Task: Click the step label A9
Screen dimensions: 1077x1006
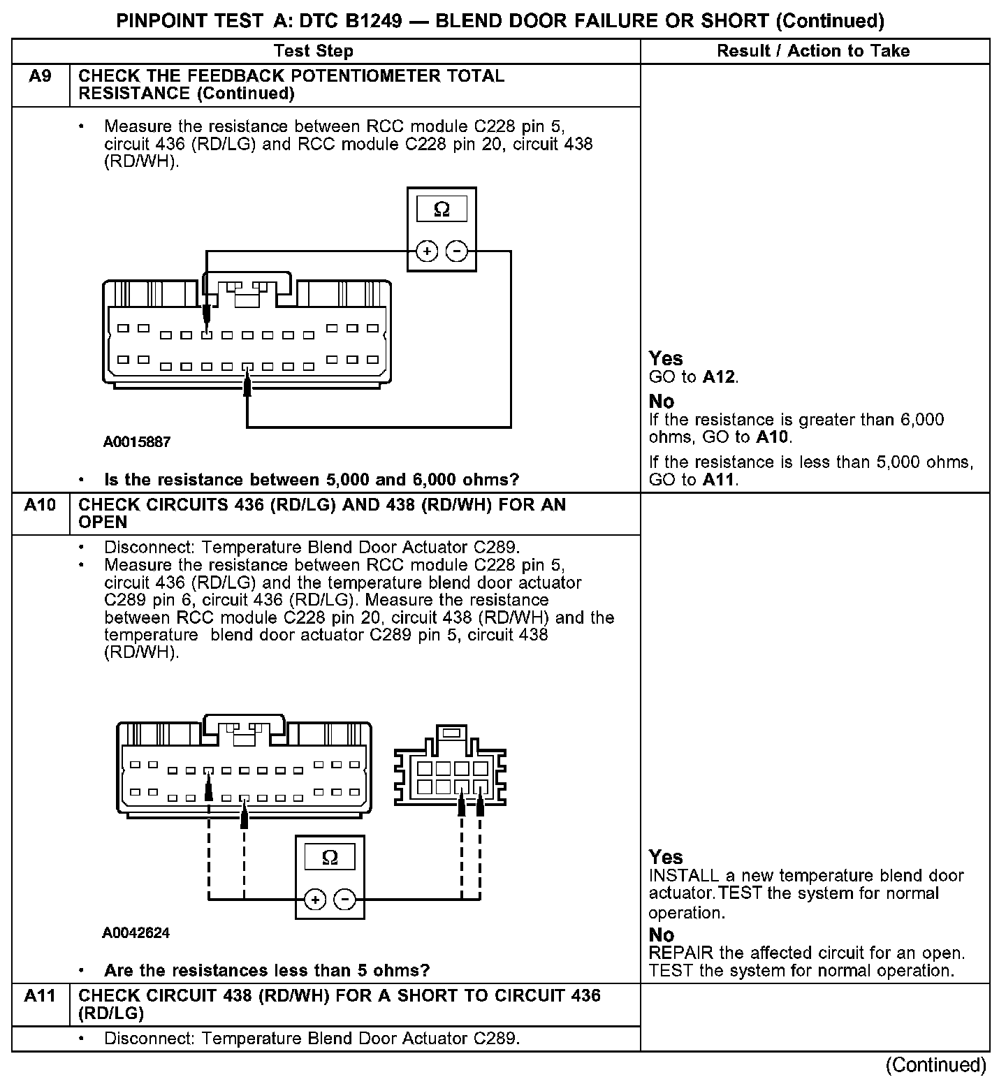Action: pyautogui.click(x=40, y=76)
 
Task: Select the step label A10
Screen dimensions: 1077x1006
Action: pyautogui.click(x=40, y=504)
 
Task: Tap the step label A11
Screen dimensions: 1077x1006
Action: pyautogui.click(x=40, y=995)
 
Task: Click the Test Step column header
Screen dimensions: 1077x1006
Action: pyautogui.click(x=314, y=51)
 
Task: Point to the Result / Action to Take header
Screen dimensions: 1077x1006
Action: pyautogui.click(x=813, y=51)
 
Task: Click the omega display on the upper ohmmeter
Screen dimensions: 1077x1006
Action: pyautogui.click(x=442, y=210)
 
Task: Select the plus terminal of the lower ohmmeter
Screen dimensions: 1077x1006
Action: pyautogui.click(x=315, y=900)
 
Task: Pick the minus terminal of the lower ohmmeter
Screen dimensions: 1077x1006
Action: pyautogui.click(x=344, y=900)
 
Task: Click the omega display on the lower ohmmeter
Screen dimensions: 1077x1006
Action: pyautogui.click(x=330, y=857)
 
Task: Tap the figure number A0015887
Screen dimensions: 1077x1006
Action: pyautogui.click(x=137, y=442)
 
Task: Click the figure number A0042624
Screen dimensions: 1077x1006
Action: pyautogui.click(x=136, y=933)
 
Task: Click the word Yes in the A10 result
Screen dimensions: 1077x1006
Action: pyautogui.click(x=666, y=857)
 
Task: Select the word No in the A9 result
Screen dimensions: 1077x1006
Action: pyautogui.click(x=662, y=402)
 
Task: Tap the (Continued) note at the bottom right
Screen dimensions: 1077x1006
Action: pyautogui.click(x=935, y=1065)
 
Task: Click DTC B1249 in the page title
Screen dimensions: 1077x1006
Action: pyautogui.click(x=351, y=21)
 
